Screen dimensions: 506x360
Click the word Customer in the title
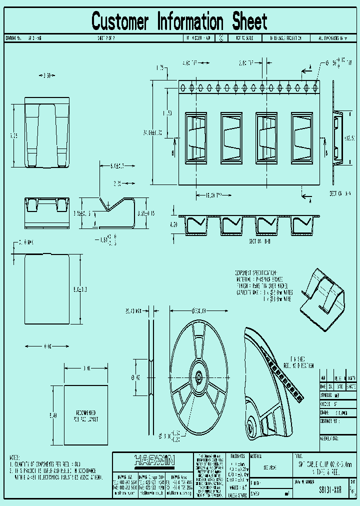point(120,21)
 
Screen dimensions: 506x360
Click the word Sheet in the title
point(249,21)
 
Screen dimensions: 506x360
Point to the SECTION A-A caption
point(339,192)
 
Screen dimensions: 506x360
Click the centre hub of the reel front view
point(199,378)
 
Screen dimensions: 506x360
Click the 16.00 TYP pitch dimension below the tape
point(207,195)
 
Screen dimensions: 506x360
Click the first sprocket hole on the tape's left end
point(183,87)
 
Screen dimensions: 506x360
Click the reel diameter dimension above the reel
point(198,311)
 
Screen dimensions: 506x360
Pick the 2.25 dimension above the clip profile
point(117,183)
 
